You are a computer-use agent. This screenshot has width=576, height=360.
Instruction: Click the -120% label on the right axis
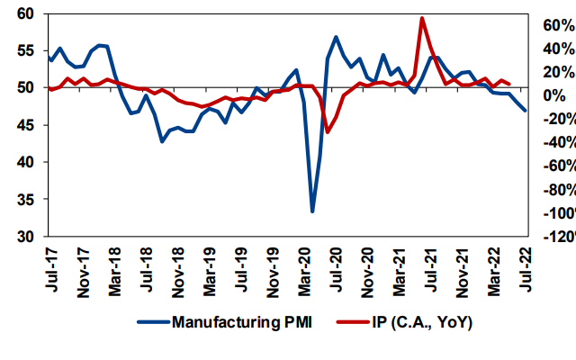551,237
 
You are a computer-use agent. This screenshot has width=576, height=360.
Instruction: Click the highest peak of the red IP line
422,18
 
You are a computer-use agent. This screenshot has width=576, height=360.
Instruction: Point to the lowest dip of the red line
328,132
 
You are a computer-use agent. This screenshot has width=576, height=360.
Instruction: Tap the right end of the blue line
526,111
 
